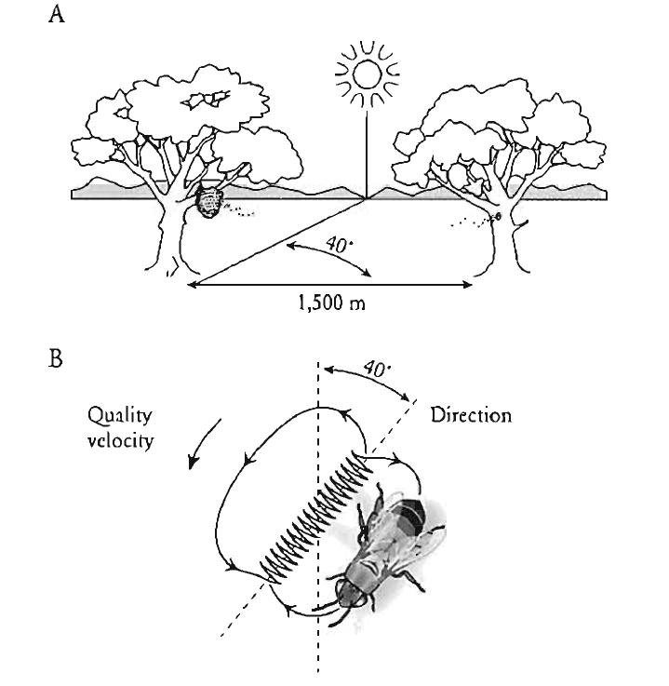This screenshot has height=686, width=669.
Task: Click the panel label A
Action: coord(57,15)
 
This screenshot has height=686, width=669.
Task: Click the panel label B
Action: coord(56,358)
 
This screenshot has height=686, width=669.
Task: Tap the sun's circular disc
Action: coord(367,74)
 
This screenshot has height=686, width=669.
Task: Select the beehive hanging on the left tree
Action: coord(208,201)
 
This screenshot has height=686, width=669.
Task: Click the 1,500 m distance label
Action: coord(331,303)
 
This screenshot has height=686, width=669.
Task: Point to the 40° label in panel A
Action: coord(339,244)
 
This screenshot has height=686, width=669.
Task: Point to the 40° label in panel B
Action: coord(377,369)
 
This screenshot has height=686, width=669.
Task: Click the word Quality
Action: coord(119,416)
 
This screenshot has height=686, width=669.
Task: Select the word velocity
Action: coord(120,440)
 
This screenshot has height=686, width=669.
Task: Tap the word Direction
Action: coord(471,415)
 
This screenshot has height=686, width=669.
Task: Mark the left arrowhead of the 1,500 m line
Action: coord(192,285)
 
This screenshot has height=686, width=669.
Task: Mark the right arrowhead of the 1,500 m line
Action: coord(468,285)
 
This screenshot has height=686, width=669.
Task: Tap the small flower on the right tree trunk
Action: coord(497,216)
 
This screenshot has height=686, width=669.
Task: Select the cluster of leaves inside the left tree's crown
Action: coord(206,101)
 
